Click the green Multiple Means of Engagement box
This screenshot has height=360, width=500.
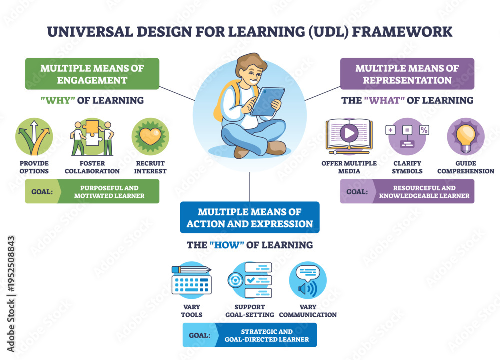click(x=92, y=74)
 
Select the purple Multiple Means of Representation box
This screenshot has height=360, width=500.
click(x=407, y=74)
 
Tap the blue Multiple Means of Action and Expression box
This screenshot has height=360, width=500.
click(x=250, y=217)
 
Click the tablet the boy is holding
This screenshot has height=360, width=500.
click(x=267, y=101)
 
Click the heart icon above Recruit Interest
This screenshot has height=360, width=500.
click(x=150, y=137)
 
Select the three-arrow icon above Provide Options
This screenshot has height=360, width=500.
click(x=34, y=137)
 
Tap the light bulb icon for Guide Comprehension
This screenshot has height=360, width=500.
click(x=466, y=137)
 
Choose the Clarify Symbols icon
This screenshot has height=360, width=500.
click(x=407, y=137)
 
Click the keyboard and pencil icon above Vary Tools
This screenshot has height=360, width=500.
click(x=191, y=280)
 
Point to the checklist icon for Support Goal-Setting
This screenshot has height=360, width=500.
click(x=250, y=280)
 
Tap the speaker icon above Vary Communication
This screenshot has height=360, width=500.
click(x=308, y=280)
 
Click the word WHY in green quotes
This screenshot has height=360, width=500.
click(x=58, y=101)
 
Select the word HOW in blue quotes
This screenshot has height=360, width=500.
click(x=227, y=245)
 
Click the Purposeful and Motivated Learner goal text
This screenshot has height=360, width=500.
click(x=109, y=192)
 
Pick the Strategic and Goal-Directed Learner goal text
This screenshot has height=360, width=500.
click(x=267, y=335)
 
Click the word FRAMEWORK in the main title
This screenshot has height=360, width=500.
click(x=402, y=32)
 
